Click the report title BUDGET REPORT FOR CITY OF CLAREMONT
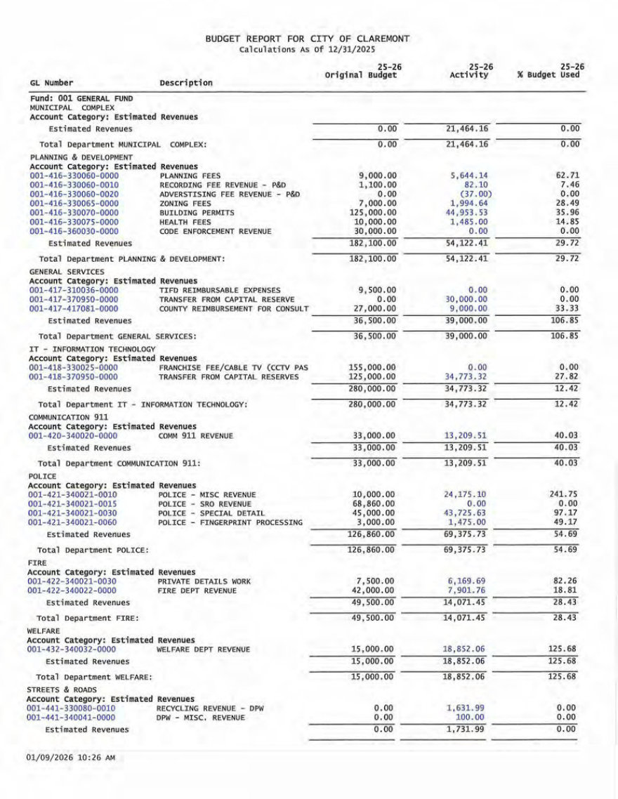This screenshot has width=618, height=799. coord(308,39)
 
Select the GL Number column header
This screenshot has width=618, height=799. coord(51,83)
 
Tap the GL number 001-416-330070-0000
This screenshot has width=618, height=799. coord(74,212)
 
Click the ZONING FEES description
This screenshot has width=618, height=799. coord(185,203)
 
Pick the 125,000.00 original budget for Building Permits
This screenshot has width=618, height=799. coord(373,212)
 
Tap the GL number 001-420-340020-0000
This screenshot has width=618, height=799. coord(73,435)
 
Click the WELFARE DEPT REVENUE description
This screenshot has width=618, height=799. coord(203,649)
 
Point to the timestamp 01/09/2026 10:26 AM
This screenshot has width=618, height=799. coord(70,758)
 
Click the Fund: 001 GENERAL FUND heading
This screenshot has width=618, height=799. coord(81,99)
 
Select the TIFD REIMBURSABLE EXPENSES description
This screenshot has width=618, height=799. coord(220,290)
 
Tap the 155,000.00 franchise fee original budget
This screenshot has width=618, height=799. coord(373,367)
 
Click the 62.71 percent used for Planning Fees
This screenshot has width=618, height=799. coord(566,176)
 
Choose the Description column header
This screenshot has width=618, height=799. coord(186,83)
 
